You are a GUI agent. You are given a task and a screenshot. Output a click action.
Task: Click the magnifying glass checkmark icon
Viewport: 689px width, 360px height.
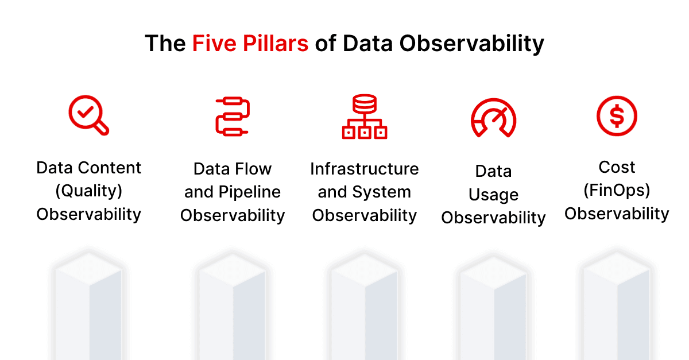click(88, 115)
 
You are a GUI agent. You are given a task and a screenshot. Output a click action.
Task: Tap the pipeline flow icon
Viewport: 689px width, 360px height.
click(231, 117)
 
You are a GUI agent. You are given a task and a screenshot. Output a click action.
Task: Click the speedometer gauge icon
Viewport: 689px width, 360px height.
click(493, 118)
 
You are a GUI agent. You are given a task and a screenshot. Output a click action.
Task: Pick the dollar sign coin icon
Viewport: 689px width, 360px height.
click(617, 115)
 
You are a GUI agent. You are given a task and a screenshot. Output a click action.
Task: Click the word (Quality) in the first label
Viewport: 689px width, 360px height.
click(88, 191)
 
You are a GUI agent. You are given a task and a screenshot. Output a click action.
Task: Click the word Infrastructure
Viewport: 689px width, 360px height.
click(364, 169)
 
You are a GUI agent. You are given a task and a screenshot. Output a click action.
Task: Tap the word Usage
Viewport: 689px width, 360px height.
click(493, 195)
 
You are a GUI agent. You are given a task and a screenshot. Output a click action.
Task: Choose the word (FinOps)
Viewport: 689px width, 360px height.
click(617, 191)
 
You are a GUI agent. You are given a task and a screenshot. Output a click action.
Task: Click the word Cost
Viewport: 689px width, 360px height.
click(617, 167)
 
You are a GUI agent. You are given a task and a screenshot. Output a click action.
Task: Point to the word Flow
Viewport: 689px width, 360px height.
click(253, 169)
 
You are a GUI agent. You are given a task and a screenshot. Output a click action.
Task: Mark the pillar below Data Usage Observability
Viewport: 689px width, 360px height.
click(493, 310)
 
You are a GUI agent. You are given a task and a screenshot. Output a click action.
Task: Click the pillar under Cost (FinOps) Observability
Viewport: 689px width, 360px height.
click(617, 310)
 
